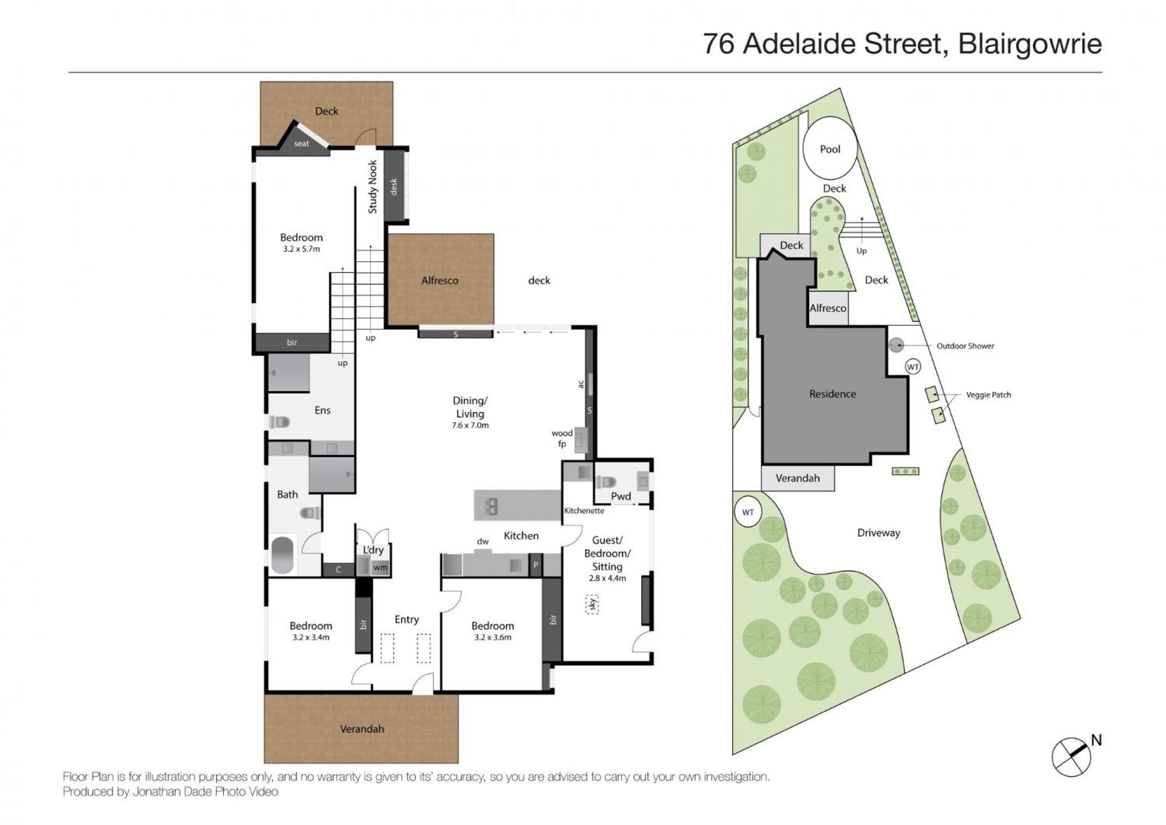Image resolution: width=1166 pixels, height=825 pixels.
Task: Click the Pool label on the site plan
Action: tap(830, 149)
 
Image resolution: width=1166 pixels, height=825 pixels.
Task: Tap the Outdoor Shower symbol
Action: tap(896, 345)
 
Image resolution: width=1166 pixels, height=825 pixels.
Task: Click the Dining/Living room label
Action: tap(470, 407)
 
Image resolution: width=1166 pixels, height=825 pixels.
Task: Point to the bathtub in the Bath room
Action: tap(282, 554)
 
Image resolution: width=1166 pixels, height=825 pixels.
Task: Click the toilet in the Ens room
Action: tap(279, 422)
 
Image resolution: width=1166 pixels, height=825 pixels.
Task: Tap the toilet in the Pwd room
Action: tap(606, 482)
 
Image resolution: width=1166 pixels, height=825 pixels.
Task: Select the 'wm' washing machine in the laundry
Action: tap(380, 567)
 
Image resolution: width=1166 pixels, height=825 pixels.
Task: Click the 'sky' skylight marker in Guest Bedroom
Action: tap(592, 604)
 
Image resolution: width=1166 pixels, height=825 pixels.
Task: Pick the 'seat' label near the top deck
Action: tap(301, 143)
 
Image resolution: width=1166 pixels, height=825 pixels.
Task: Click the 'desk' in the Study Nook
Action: tap(395, 186)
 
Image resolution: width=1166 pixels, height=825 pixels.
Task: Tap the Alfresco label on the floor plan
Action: tap(440, 280)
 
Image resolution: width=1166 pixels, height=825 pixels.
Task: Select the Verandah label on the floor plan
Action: tap(362, 729)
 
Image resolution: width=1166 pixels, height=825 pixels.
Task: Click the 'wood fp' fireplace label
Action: tap(562, 438)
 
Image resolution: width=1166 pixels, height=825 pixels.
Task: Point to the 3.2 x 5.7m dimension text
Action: tap(301, 249)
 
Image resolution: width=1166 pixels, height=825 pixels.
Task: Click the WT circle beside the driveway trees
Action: tap(748, 512)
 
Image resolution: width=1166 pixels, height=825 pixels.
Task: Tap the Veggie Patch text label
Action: tap(988, 395)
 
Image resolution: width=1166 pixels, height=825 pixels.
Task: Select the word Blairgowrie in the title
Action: tap(1030, 44)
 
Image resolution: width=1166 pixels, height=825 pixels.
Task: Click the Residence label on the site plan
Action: tap(833, 394)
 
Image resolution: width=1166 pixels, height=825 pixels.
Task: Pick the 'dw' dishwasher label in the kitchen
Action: tap(483, 542)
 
